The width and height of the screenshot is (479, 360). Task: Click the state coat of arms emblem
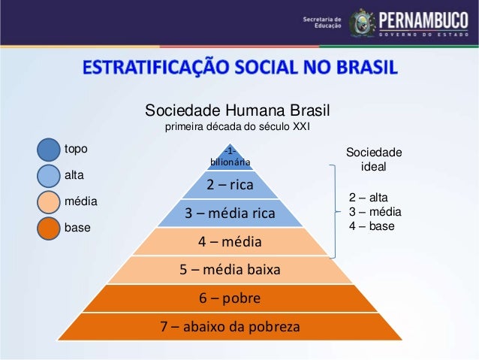click(x=363, y=23)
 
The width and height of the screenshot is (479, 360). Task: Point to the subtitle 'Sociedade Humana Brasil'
click(x=233, y=111)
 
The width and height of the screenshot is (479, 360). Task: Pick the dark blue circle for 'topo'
click(x=48, y=150)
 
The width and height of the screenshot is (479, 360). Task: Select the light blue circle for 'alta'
click(x=48, y=176)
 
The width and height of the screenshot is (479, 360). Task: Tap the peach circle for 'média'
click(x=48, y=202)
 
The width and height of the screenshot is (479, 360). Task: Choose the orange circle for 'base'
click(x=48, y=228)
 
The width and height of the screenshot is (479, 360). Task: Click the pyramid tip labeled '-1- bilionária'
click(x=230, y=156)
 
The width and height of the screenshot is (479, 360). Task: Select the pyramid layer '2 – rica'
click(x=230, y=184)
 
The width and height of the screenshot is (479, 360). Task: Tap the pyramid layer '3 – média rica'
click(x=230, y=213)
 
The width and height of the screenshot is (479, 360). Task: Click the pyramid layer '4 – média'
click(x=230, y=242)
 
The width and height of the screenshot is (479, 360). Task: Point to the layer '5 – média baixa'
click(x=230, y=270)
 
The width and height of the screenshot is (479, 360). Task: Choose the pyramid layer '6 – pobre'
click(x=230, y=298)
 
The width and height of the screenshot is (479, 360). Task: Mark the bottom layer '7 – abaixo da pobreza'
click(x=230, y=328)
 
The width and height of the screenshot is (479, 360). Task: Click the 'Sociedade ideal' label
click(x=374, y=159)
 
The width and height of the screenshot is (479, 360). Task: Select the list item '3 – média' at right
click(x=375, y=211)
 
